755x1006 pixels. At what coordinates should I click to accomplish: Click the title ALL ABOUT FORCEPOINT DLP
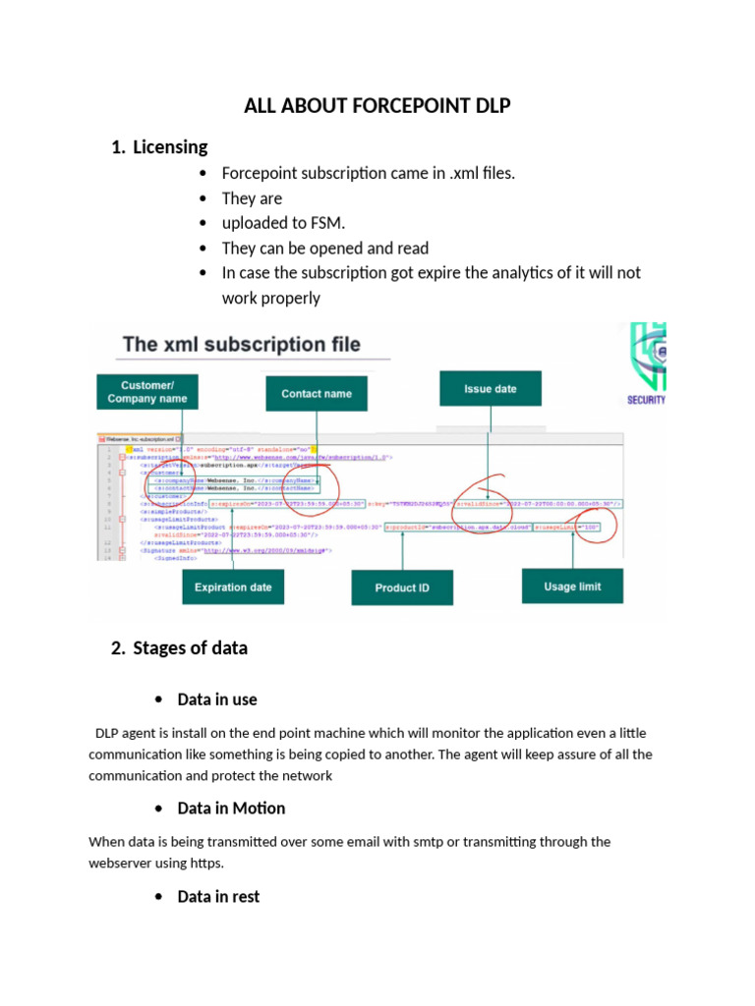[377, 105]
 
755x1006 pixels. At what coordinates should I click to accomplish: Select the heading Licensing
[170, 146]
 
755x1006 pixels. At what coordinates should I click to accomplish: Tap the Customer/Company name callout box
[146, 392]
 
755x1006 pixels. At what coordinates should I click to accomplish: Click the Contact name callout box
[317, 393]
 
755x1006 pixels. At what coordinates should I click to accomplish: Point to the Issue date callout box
[490, 389]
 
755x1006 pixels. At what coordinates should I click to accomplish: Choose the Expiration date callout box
[233, 587]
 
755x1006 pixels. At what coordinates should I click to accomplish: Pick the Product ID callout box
[401, 587]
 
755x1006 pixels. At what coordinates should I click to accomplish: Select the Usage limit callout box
[572, 587]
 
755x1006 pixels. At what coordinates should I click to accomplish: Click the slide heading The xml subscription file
[241, 344]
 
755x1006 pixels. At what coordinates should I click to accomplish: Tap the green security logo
[646, 363]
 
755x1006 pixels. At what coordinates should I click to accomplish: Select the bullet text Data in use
[217, 699]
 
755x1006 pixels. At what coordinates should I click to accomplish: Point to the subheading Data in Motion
[231, 808]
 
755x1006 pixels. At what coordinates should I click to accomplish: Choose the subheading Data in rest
[218, 896]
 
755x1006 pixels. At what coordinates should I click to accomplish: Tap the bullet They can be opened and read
[324, 248]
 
